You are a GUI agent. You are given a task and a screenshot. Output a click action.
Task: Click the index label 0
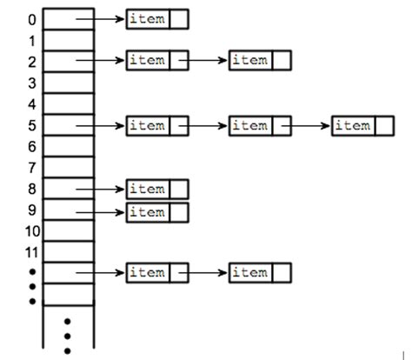(32, 20)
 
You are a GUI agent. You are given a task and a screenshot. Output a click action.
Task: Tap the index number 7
(32, 168)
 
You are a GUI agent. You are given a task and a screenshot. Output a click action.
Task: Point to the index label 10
(32, 231)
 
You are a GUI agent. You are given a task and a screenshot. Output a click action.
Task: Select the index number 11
(32, 253)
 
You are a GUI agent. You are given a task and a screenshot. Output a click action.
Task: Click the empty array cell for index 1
(69, 40)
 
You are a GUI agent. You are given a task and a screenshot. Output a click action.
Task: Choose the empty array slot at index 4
(69, 103)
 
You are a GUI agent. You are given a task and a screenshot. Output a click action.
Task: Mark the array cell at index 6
(69, 146)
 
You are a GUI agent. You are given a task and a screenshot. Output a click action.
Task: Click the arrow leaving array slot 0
(100, 19)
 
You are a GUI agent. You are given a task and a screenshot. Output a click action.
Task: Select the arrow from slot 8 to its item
(100, 190)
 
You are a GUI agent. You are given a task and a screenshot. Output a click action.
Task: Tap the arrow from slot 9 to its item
(100, 212)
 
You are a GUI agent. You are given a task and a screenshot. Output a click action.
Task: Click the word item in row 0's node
(147, 19)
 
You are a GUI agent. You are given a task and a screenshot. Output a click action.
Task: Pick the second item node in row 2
(260, 60)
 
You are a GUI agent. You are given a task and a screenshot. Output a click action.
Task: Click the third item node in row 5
(362, 126)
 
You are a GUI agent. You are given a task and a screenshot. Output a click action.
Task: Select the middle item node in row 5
(260, 126)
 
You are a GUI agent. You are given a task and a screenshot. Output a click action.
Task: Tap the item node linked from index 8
(157, 190)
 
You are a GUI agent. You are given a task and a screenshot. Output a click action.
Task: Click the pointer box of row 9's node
(179, 212)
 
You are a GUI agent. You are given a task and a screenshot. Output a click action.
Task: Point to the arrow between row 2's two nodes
(203, 60)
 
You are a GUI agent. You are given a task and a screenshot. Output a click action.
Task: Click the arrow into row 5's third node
(306, 126)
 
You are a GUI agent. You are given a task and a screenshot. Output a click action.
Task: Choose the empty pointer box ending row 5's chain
(384, 126)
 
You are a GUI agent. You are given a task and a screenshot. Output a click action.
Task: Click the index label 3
(32, 83)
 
